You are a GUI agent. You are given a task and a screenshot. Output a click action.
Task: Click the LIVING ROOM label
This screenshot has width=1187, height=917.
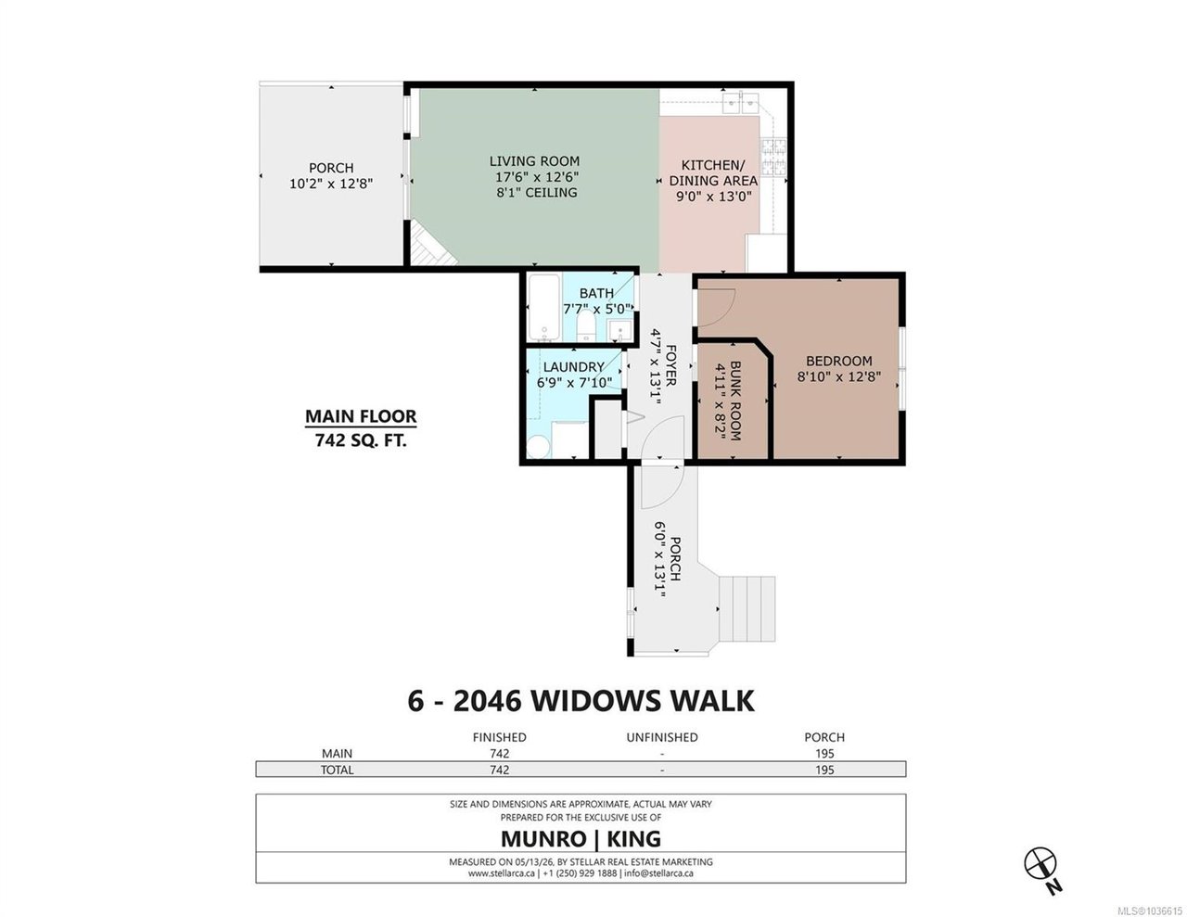coord(533,161)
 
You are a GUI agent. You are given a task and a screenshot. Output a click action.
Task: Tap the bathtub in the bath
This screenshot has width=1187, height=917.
coord(544,307)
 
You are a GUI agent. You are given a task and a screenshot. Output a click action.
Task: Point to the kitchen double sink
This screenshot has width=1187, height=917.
coord(740,102)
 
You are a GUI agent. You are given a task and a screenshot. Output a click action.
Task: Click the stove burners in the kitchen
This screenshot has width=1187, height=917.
coord(773,157)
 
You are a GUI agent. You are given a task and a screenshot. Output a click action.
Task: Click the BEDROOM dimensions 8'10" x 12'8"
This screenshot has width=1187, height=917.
coord(838,376)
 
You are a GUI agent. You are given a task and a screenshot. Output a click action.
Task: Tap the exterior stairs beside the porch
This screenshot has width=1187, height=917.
coord(747,608)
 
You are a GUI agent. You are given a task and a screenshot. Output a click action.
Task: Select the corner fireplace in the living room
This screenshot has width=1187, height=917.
coord(431,245)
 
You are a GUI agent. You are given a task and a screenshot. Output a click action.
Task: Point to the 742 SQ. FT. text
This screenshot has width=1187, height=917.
coord(361,440)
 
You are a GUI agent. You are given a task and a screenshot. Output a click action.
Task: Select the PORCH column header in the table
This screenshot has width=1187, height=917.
coord(824,737)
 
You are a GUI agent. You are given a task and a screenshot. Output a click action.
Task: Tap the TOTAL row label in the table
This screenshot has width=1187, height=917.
coord(337,771)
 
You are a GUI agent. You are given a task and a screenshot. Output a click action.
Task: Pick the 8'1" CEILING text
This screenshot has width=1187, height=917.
coord(536,192)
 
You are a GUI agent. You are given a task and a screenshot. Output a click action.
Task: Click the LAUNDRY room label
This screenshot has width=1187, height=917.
coord(573,367)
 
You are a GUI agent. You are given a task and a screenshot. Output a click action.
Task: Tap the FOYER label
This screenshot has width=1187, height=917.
coord(671,364)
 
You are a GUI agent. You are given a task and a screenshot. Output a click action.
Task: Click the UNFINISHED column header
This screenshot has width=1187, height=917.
coord(661,737)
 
